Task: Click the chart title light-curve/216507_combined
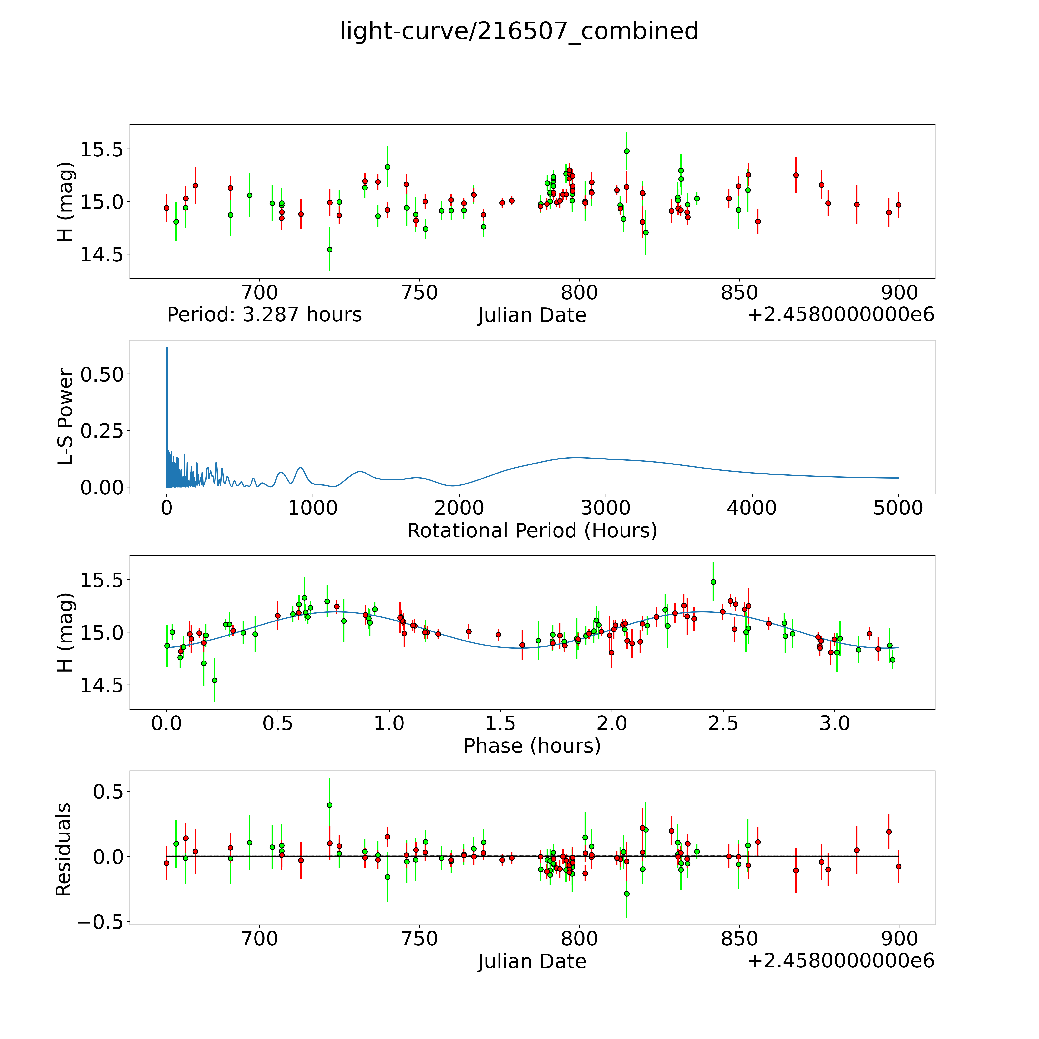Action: point(519,31)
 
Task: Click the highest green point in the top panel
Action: point(626,151)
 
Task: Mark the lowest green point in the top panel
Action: point(330,250)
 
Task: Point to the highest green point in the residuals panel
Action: point(330,805)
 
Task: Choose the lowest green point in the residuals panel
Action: point(626,894)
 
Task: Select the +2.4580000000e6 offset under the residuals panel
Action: point(841,960)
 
